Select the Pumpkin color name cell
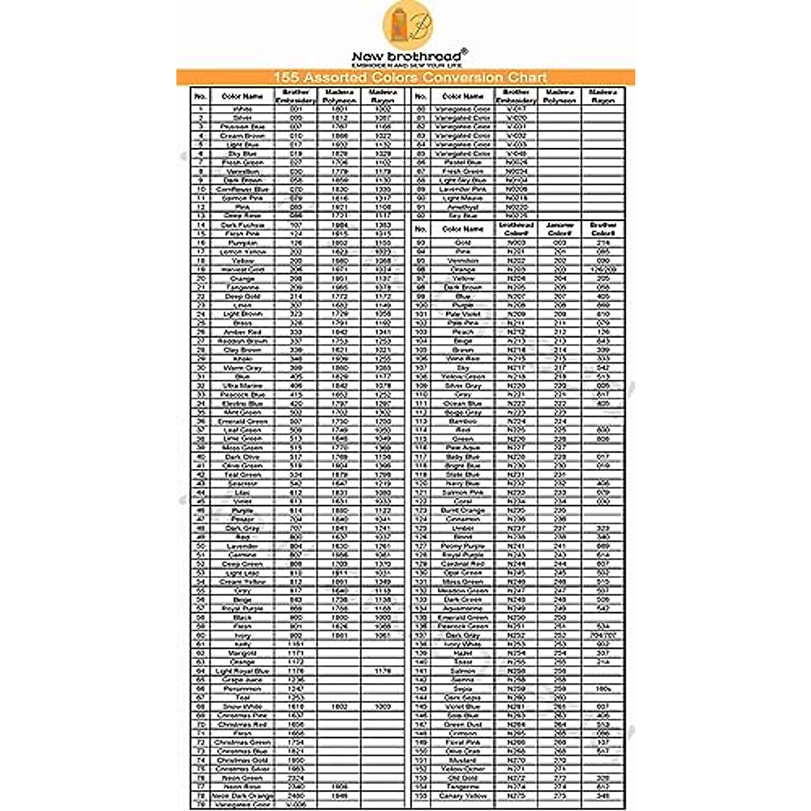[x=242, y=243]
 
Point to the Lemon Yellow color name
[x=242, y=251]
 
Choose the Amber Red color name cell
[x=242, y=332]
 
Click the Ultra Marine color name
[x=242, y=385]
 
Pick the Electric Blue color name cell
[x=242, y=403]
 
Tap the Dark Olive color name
[x=242, y=457]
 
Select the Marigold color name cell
[x=242, y=654]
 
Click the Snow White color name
[x=242, y=706]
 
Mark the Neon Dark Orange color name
[x=242, y=796]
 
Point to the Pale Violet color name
[x=463, y=314]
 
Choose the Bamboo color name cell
[x=463, y=421]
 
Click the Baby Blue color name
[x=463, y=457]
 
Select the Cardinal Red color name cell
[x=463, y=564]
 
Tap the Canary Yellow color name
[x=463, y=796]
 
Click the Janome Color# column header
[x=560, y=229]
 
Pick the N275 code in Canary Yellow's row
[x=516, y=796]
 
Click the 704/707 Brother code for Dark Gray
[x=603, y=635]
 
